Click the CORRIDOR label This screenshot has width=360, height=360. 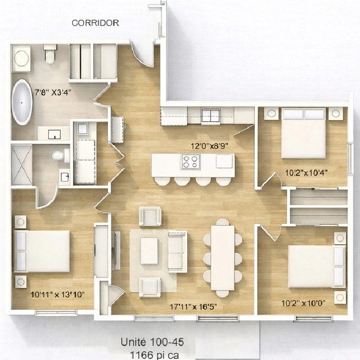click(96, 23)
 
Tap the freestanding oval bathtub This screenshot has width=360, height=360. click(22, 102)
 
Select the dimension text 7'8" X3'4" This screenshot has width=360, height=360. click(53, 93)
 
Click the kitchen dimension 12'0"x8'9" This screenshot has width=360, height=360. click(210, 146)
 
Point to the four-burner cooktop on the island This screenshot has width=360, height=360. click(191, 161)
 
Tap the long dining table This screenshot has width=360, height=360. click(223, 257)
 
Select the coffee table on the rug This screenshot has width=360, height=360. click(149, 251)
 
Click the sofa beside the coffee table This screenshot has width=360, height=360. click(177, 251)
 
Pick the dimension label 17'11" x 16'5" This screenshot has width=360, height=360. click(193, 307)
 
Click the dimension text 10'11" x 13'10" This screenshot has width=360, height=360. click(58, 295)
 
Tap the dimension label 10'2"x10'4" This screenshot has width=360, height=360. click(306, 172)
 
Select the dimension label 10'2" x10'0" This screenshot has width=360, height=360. click(303, 303)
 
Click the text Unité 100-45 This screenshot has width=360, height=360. click(152, 342)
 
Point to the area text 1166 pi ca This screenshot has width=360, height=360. click(154, 355)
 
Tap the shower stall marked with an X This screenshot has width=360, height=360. click(22, 165)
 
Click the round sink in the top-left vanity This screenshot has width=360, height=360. click(21, 58)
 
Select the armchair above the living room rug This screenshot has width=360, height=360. click(150, 216)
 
